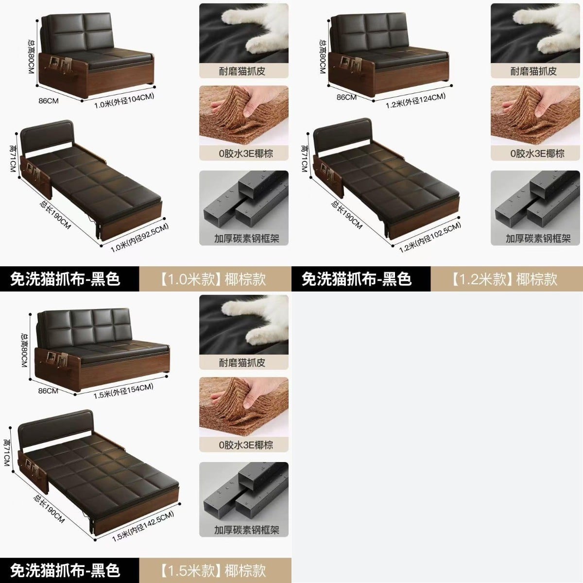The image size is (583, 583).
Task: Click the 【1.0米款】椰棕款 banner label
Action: pyautogui.click(x=212, y=279)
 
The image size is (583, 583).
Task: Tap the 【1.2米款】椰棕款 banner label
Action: pyautogui.click(x=504, y=279)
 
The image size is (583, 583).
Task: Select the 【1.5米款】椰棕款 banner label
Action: pyautogui.click(x=212, y=570)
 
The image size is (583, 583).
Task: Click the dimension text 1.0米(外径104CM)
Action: pyautogui.click(x=124, y=101)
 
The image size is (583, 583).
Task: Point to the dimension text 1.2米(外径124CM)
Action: pyautogui.click(x=415, y=101)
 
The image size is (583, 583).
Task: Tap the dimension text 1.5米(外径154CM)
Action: pyautogui.click(x=123, y=391)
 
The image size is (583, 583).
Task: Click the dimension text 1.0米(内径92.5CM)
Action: pyautogui.click(x=139, y=238)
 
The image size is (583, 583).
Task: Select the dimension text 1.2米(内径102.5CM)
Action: pyautogui.click(x=430, y=237)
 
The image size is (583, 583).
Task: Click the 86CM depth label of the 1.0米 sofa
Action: pyautogui.click(x=49, y=101)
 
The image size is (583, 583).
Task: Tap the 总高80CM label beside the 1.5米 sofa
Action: pyautogui.click(x=24, y=350)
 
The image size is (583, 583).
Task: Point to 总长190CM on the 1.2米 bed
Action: pyautogui.click(x=346, y=215)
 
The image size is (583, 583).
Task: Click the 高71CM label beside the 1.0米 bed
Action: pyautogui.click(x=13, y=158)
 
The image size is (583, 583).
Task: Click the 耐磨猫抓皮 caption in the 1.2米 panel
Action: pyautogui.click(x=533, y=71)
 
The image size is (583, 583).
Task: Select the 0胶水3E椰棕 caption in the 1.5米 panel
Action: pyautogui.click(x=246, y=445)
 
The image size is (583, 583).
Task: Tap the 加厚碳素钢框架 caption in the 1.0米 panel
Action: pyautogui.click(x=247, y=239)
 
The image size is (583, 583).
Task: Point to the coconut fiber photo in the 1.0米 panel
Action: pyautogui.click(x=244, y=115)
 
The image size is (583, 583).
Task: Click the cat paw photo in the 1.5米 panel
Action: pyautogui.click(x=244, y=325)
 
